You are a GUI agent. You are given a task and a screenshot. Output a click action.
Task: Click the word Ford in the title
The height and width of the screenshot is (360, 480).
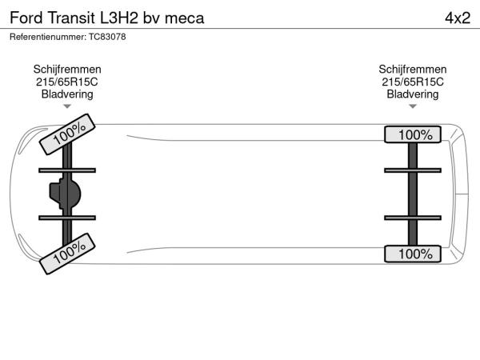click(x=26, y=18)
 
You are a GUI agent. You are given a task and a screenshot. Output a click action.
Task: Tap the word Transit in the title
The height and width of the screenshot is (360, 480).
click(x=71, y=18)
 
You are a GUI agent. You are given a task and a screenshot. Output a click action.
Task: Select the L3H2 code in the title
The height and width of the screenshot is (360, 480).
click(x=119, y=18)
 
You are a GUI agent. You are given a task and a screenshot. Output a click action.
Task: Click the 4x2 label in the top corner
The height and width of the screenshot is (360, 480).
click(x=458, y=18)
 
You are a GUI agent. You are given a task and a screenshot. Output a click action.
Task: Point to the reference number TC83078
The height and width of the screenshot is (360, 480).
click(x=107, y=37)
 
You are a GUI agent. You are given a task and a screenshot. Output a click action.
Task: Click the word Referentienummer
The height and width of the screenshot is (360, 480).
click(x=48, y=37)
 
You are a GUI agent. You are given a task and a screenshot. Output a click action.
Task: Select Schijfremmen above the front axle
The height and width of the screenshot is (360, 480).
click(x=67, y=69)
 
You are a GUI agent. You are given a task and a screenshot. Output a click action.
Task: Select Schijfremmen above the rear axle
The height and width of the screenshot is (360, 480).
click(x=413, y=69)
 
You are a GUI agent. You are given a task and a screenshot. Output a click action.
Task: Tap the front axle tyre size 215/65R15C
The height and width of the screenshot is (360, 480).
click(x=67, y=82)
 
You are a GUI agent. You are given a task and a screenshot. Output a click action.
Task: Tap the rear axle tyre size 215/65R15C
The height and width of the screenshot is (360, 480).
click(x=413, y=82)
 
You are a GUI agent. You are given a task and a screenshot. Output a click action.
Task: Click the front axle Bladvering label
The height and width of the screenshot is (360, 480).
click(x=67, y=94)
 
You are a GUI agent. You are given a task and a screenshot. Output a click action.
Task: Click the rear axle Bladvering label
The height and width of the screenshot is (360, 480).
click(x=413, y=94)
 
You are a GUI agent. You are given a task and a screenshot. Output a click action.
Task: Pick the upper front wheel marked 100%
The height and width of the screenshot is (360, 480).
click(x=67, y=134)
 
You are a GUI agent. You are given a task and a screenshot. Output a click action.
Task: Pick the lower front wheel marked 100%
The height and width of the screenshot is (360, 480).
click(x=67, y=254)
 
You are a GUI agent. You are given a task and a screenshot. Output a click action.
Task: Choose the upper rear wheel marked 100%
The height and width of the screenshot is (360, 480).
click(x=413, y=134)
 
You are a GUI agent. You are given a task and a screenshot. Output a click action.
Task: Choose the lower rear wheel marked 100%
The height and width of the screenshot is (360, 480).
click(x=413, y=254)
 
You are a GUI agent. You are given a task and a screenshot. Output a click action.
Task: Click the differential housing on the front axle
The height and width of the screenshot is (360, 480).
click(x=66, y=194)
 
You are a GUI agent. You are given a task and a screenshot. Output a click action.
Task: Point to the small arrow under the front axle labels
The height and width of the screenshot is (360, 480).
click(x=67, y=106)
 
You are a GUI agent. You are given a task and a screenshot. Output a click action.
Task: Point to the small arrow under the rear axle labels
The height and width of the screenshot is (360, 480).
click(x=413, y=106)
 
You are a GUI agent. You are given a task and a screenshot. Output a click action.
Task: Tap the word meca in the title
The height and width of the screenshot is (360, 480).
click(x=184, y=18)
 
